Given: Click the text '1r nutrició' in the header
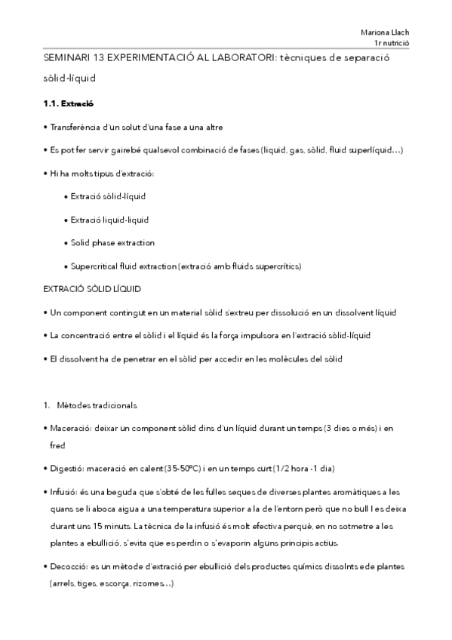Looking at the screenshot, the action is (392, 45).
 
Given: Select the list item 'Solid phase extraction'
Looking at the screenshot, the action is (112, 242).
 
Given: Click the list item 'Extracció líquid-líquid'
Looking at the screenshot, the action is (109, 220).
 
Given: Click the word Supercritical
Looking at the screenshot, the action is (96, 266).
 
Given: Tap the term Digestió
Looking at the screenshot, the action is (68, 468).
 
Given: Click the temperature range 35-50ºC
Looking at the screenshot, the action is (195, 468).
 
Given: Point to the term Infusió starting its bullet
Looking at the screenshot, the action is (66, 491).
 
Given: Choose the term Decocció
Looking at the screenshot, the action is (70, 566).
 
